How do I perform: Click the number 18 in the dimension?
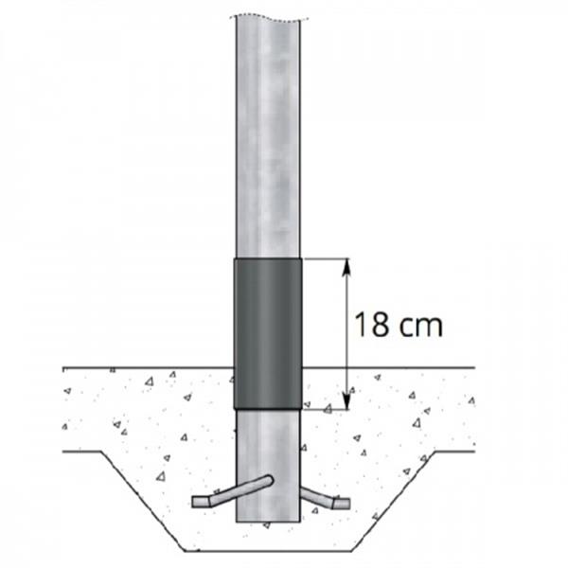[x=371, y=324]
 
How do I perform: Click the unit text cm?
[x=420, y=326]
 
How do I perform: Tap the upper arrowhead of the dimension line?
[x=347, y=267]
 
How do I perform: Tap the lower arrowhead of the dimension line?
[x=347, y=400]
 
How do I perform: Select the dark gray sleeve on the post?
[x=268, y=333]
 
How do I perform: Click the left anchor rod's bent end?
[x=202, y=502]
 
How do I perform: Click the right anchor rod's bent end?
[x=342, y=504]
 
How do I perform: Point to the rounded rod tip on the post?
[x=269, y=481]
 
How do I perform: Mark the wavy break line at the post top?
[x=269, y=18]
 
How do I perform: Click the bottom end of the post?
[x=268, y=522]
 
